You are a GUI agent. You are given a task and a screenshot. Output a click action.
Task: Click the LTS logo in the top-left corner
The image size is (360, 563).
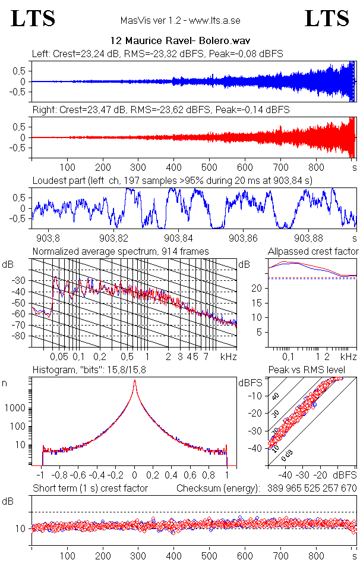coord(33,19)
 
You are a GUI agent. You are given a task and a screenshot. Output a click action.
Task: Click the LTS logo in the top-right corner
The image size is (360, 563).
coord(327,19)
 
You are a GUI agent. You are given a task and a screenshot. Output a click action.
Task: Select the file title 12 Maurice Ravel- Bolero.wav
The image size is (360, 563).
coord(180,41)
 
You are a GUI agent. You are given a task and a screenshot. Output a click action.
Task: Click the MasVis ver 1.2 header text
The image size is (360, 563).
coord(180,21)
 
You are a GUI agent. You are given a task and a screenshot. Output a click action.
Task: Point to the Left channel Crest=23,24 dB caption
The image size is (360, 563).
coord(157,54)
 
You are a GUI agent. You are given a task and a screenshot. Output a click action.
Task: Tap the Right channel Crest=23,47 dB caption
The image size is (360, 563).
coord(160,110)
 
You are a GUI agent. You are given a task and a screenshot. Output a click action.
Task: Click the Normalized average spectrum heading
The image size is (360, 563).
coord(121,252)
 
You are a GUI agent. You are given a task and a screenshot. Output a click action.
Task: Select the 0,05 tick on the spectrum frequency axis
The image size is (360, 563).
coord(59,356)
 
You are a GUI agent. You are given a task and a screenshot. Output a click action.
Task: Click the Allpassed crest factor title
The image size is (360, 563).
coord(313,252)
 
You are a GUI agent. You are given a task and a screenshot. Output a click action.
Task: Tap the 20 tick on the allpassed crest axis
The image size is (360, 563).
coord(258,289)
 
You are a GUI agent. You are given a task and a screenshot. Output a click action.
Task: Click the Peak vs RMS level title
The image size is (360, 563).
coord(315,371)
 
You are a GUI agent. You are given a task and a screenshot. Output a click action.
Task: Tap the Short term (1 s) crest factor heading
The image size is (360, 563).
coord(90,488)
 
